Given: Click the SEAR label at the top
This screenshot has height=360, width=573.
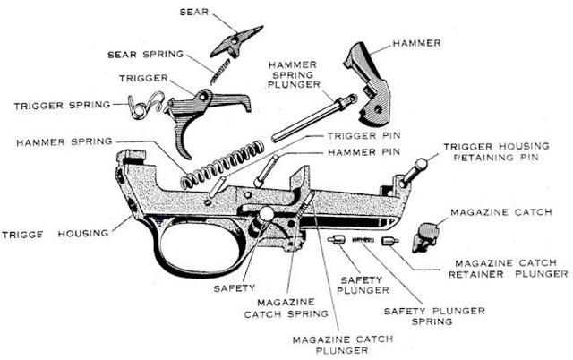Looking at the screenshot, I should point(195,12).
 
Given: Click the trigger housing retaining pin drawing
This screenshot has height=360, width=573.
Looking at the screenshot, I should point(410,172).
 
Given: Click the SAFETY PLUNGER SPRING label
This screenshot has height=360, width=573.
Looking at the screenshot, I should point(435,315).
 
